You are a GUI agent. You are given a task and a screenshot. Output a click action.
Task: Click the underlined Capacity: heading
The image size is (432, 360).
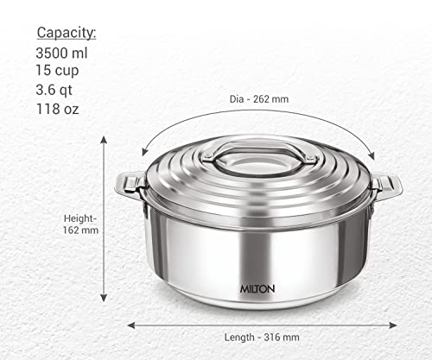(x=66, y=33)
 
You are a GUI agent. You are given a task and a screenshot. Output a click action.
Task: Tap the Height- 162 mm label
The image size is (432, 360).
(x=80, y=224)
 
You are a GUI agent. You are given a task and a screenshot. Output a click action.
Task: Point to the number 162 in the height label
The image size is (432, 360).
(x=75, y=231)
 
